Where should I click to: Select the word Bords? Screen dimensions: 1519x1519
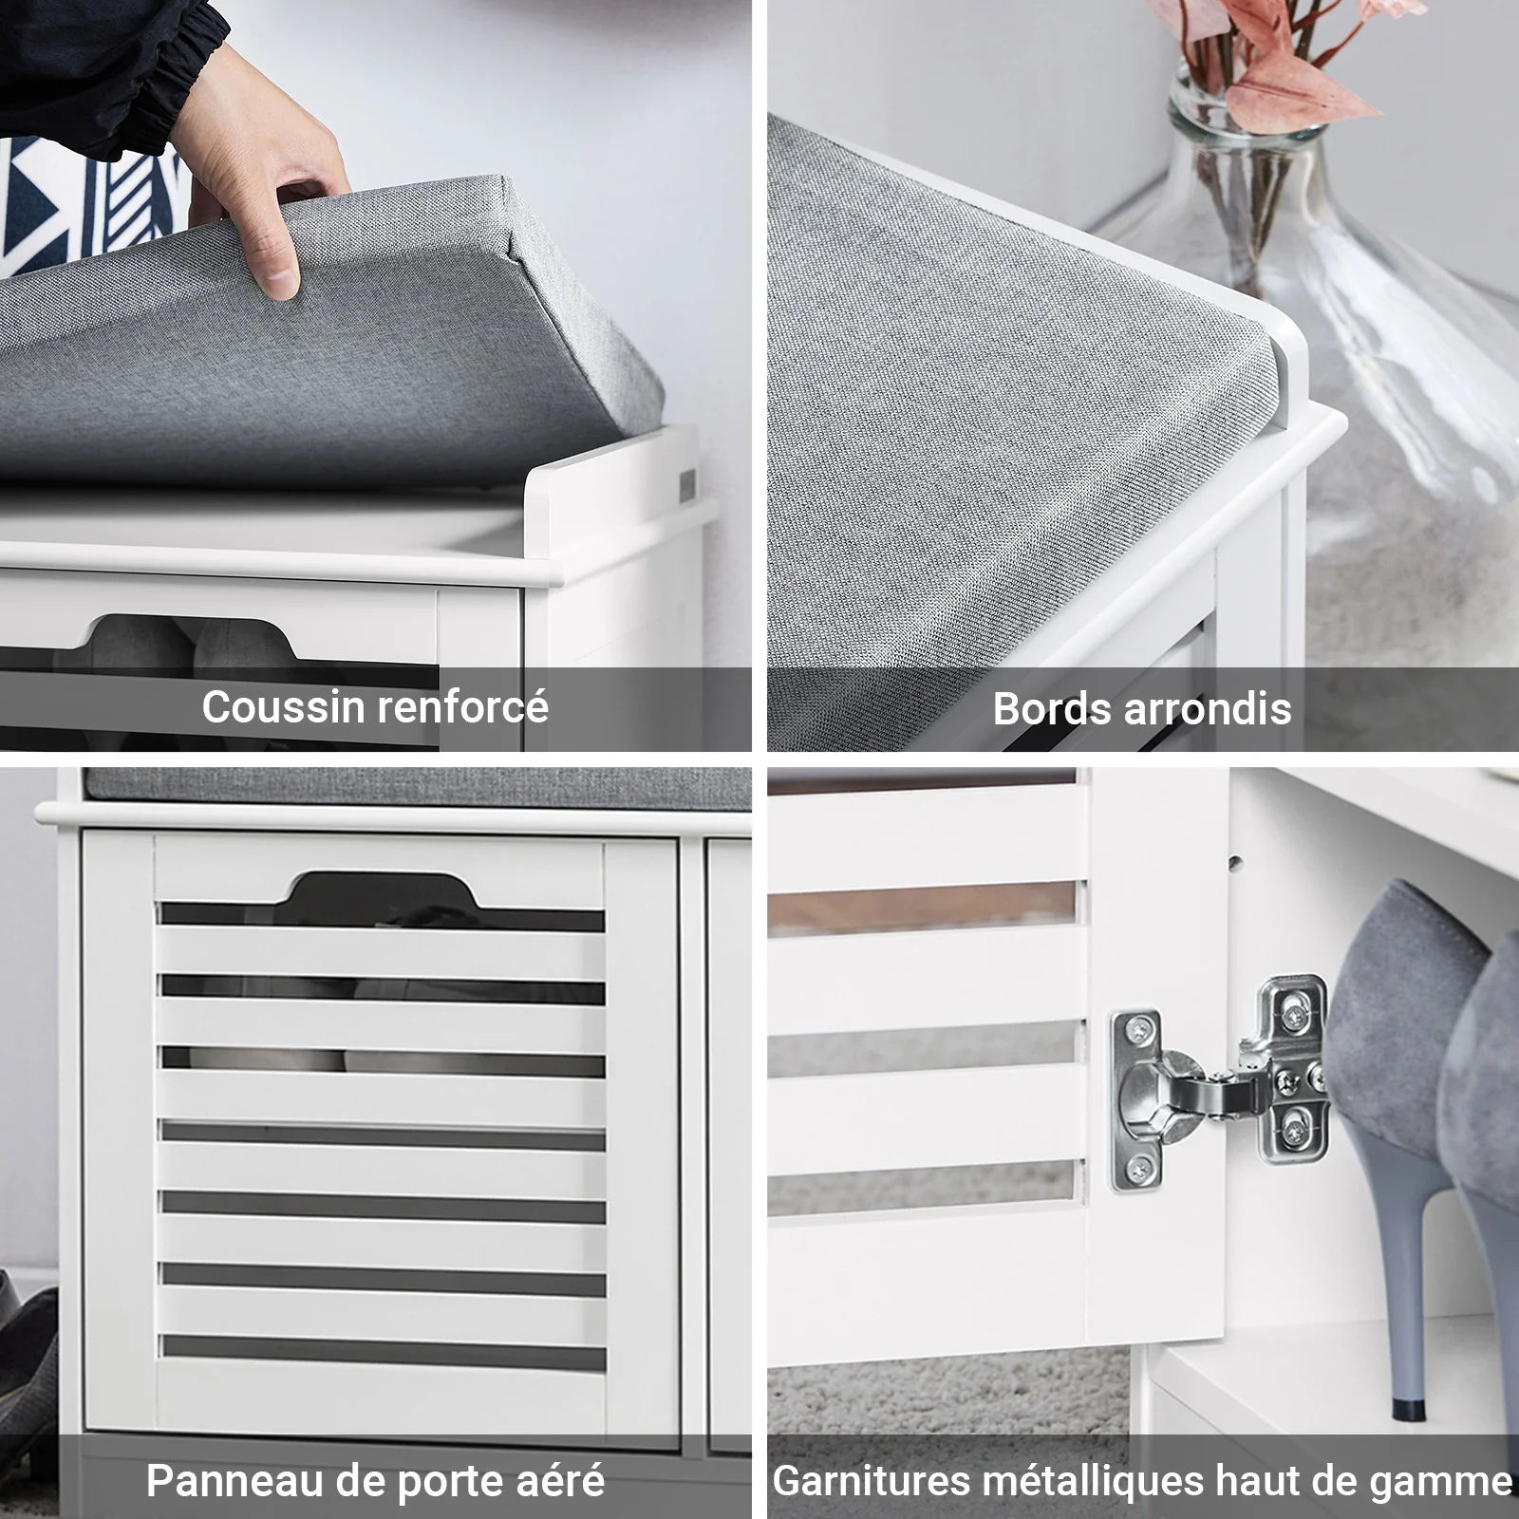pyautogui.click(x=1050, y=708)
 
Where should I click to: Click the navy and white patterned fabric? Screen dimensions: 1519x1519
pyautogui.click(x=85, y=204)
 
